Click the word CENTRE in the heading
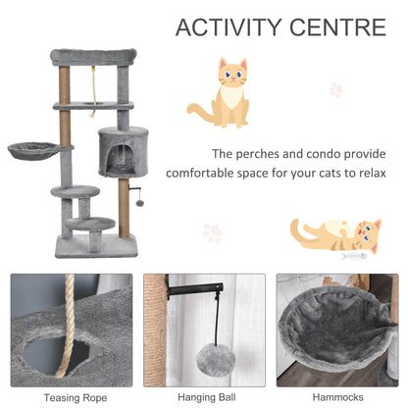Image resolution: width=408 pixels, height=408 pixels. [334, 26]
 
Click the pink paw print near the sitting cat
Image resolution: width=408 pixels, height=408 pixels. [336, 89]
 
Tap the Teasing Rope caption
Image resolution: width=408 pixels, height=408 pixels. [71, 396]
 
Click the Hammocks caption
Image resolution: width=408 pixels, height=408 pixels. [336, 396]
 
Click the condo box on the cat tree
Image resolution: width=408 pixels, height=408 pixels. [123, 152]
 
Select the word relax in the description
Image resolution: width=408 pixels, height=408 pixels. [364, 178]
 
